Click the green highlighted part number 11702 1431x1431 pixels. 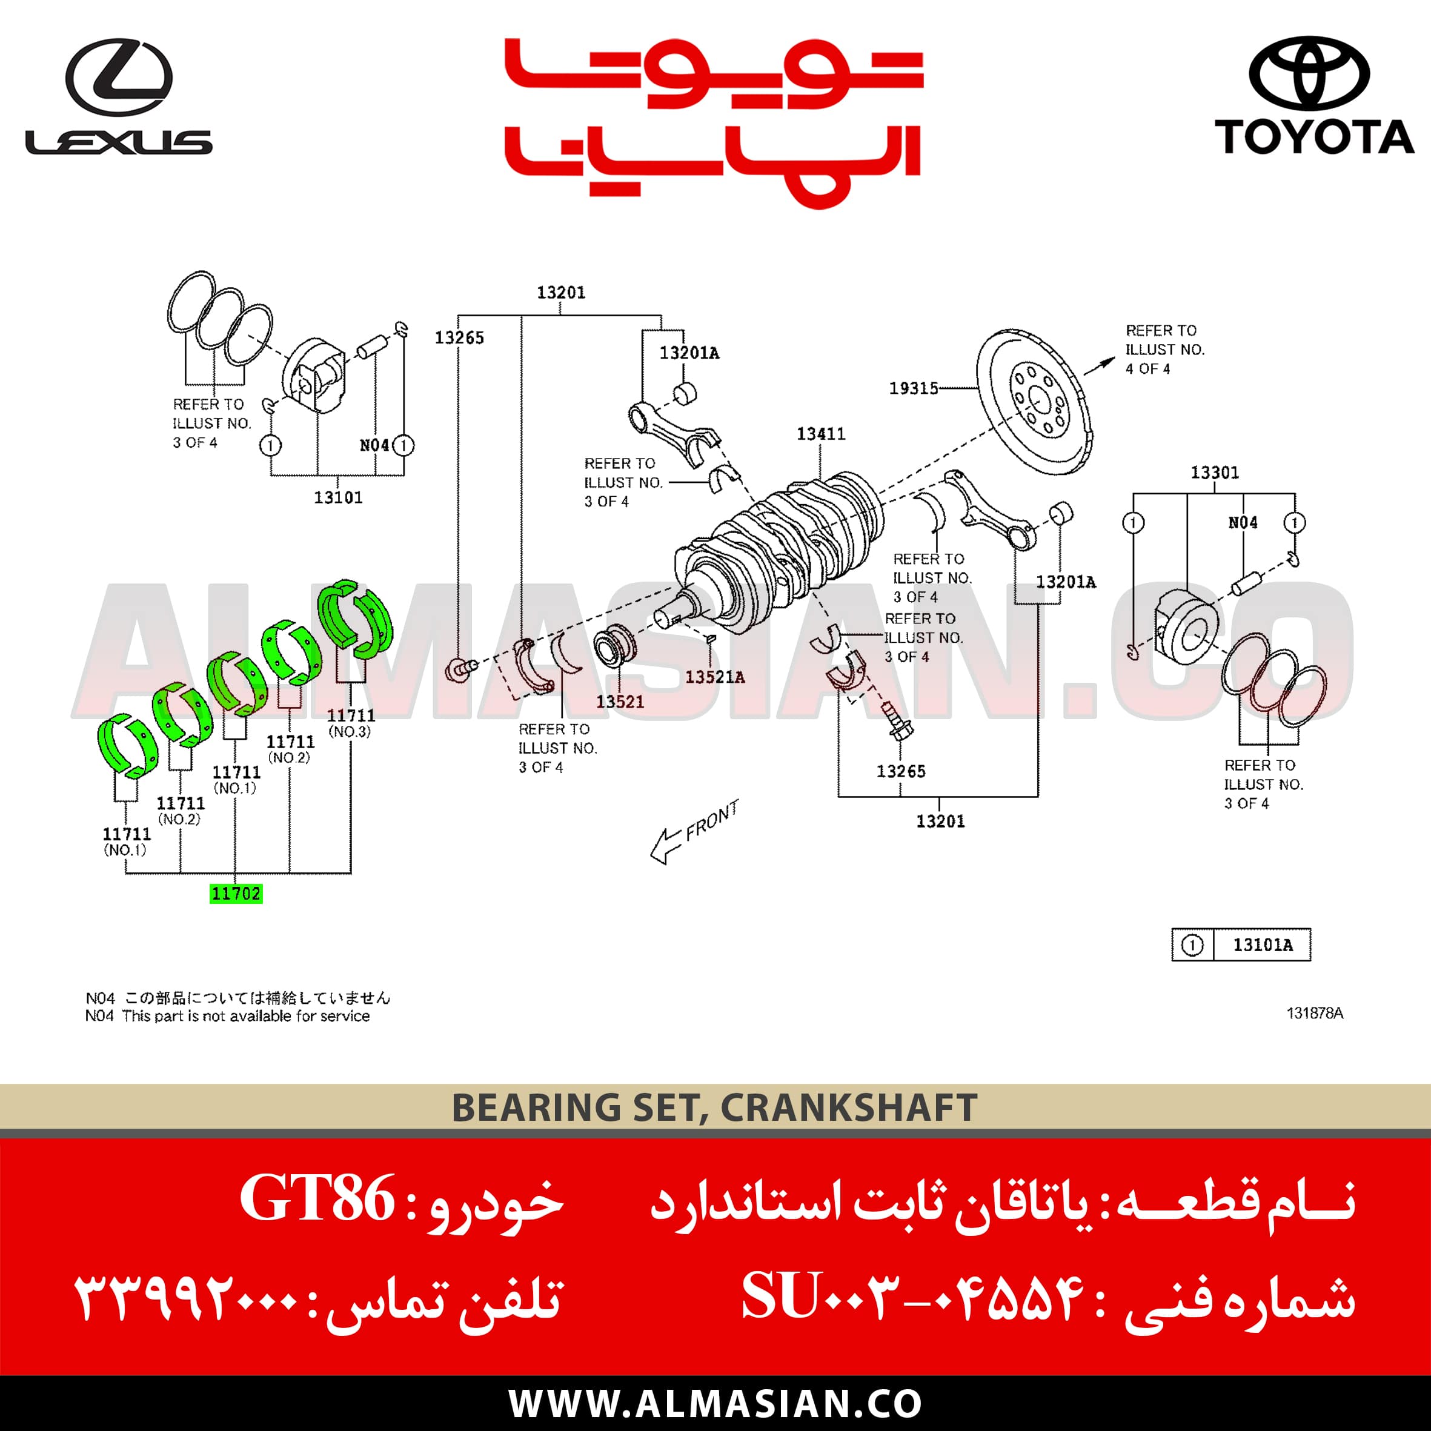click(236, 894)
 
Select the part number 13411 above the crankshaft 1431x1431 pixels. click(821, 434)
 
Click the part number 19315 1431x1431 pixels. click(913, 388)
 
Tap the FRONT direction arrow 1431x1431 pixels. click(693, 831)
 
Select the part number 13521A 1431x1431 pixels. click(715, 677)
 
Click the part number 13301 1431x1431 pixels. click(1215, 473)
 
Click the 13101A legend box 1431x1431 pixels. click(1241, 945)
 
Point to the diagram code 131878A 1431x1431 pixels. click(1315, 1013)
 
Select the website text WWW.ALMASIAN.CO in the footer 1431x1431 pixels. click(715, 1404)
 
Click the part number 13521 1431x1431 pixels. click(620, 702)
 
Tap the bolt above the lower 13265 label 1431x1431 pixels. click(896, 722)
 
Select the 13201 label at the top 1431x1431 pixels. click(560, 293)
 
